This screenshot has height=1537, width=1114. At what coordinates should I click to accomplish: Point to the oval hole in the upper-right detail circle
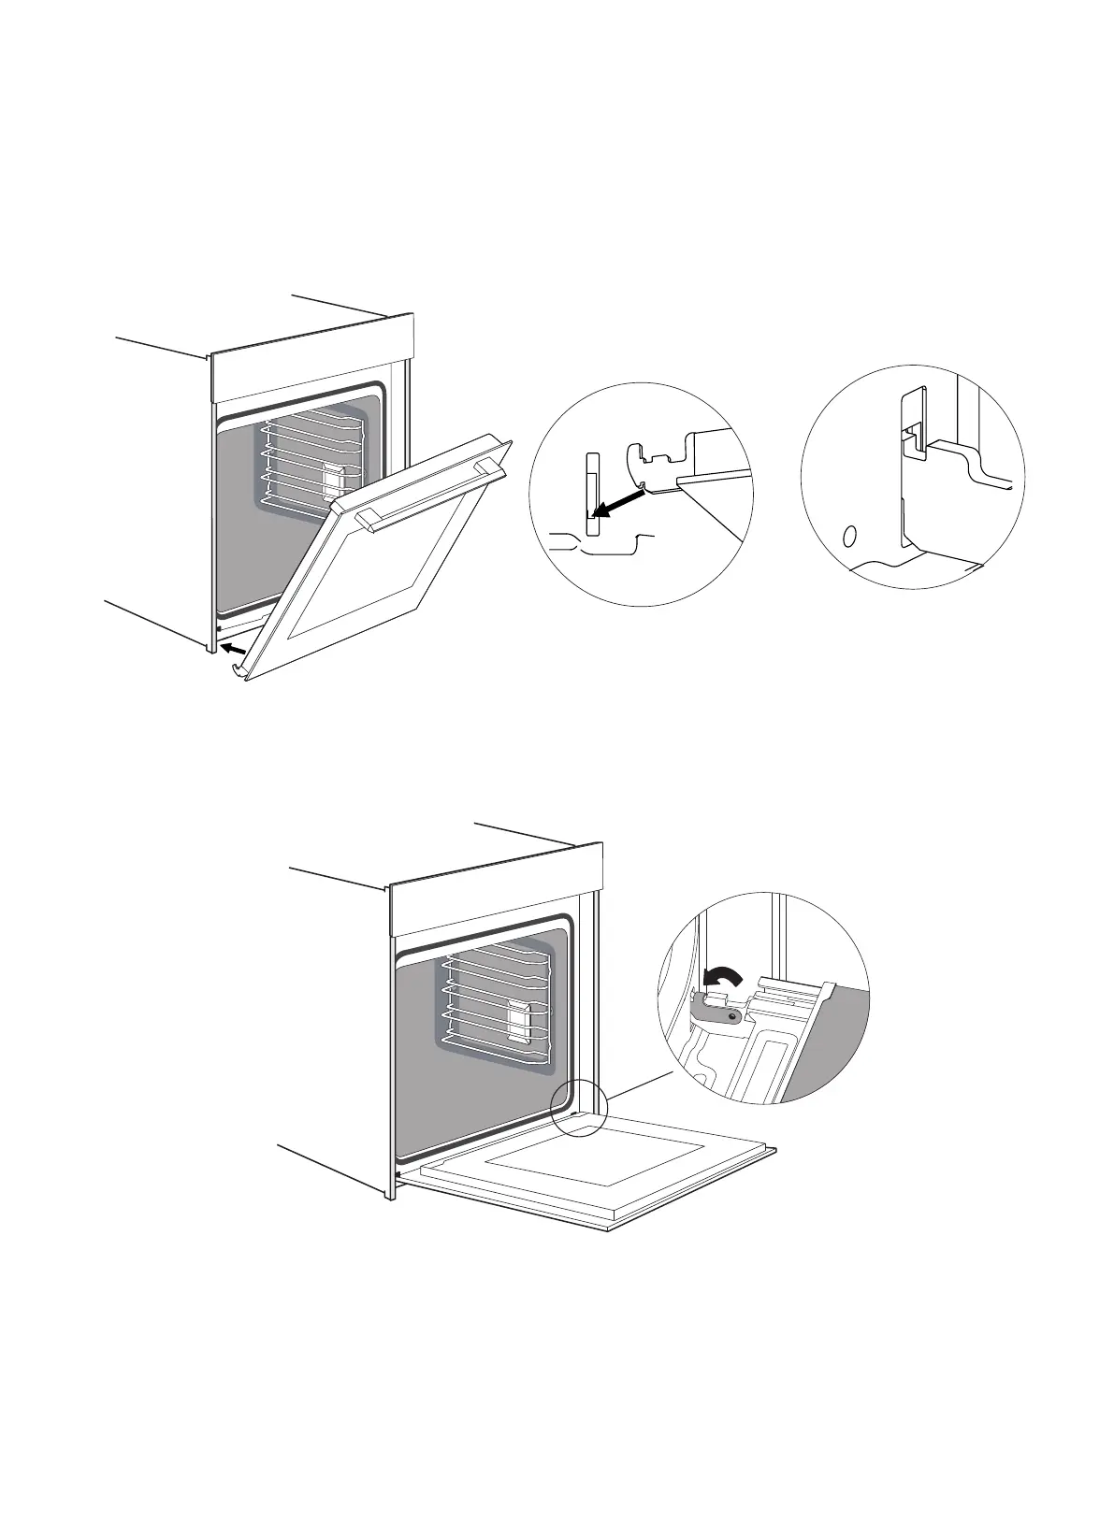[x=848, y=537]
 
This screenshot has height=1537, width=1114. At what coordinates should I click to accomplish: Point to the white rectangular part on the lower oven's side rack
[x=516, y=1018]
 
